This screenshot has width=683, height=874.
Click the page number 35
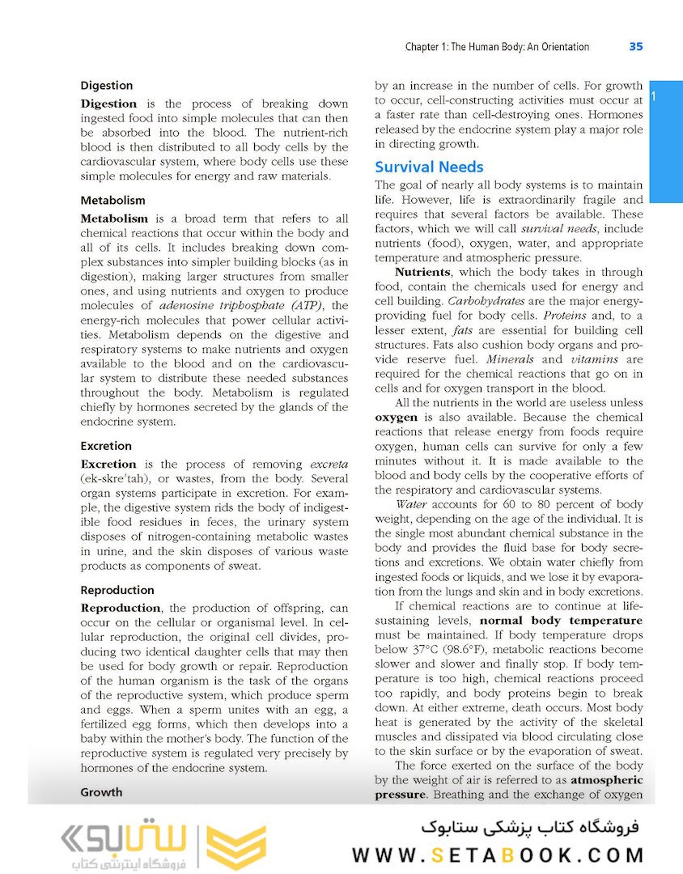635,47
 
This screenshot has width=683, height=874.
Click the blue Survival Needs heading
429,167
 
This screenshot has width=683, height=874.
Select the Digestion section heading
107,85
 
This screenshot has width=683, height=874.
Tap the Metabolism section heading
112,200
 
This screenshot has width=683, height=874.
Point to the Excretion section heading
106,445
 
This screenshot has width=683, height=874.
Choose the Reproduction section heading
117,590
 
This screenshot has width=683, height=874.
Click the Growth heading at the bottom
101,792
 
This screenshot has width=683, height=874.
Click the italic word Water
412,503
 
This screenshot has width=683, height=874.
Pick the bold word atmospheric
606,780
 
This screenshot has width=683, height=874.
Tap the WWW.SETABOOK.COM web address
498,855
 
